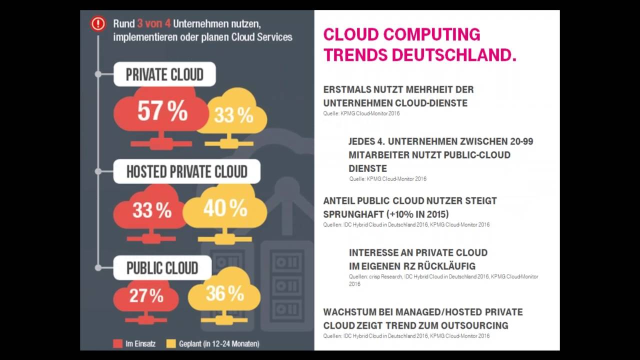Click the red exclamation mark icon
pos(98,23)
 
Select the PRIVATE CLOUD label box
pos(164,74)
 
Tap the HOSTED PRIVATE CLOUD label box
pos(186,171)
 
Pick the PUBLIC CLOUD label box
pos(162,268)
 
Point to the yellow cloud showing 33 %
pos(233,116)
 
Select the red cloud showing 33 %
pos(151,210)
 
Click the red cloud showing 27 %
pos(146,296)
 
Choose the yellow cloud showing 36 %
pos(224,294)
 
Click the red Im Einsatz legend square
pos(118,343)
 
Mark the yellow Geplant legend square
pos(171,343)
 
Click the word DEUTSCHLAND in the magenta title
pos(454,54)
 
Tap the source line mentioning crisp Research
pos(443,276)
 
